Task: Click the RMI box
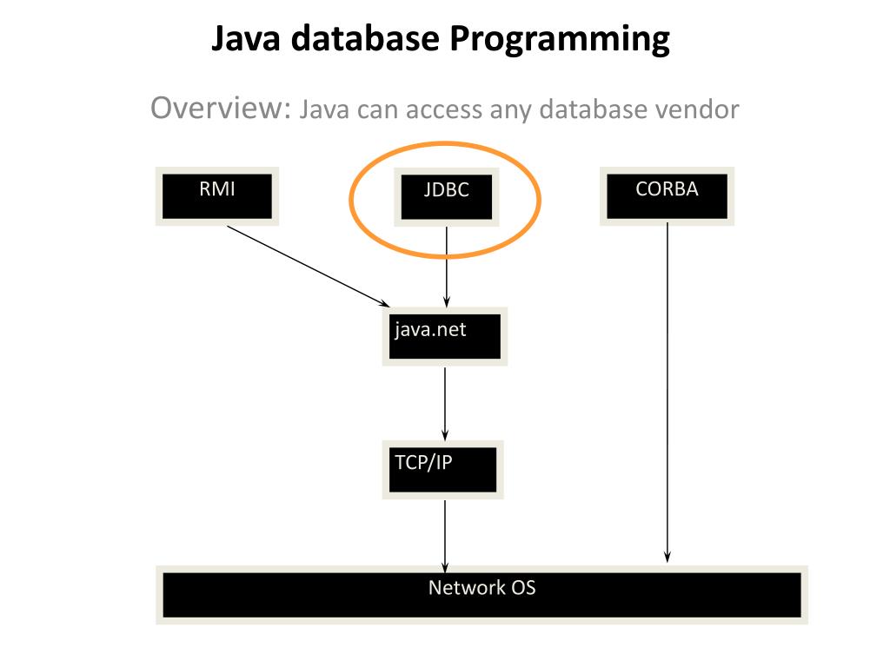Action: click(216, 195)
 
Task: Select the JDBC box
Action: click(446, 197)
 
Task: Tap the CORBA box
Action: click(667, 195)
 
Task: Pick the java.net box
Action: click(444, 336)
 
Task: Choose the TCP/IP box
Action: click(442, 469)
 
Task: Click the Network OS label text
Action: click(482, 588)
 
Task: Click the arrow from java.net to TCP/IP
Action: click(445, 401)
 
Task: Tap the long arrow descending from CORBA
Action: click(667, 391)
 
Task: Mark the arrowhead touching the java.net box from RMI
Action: click(384, 303)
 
